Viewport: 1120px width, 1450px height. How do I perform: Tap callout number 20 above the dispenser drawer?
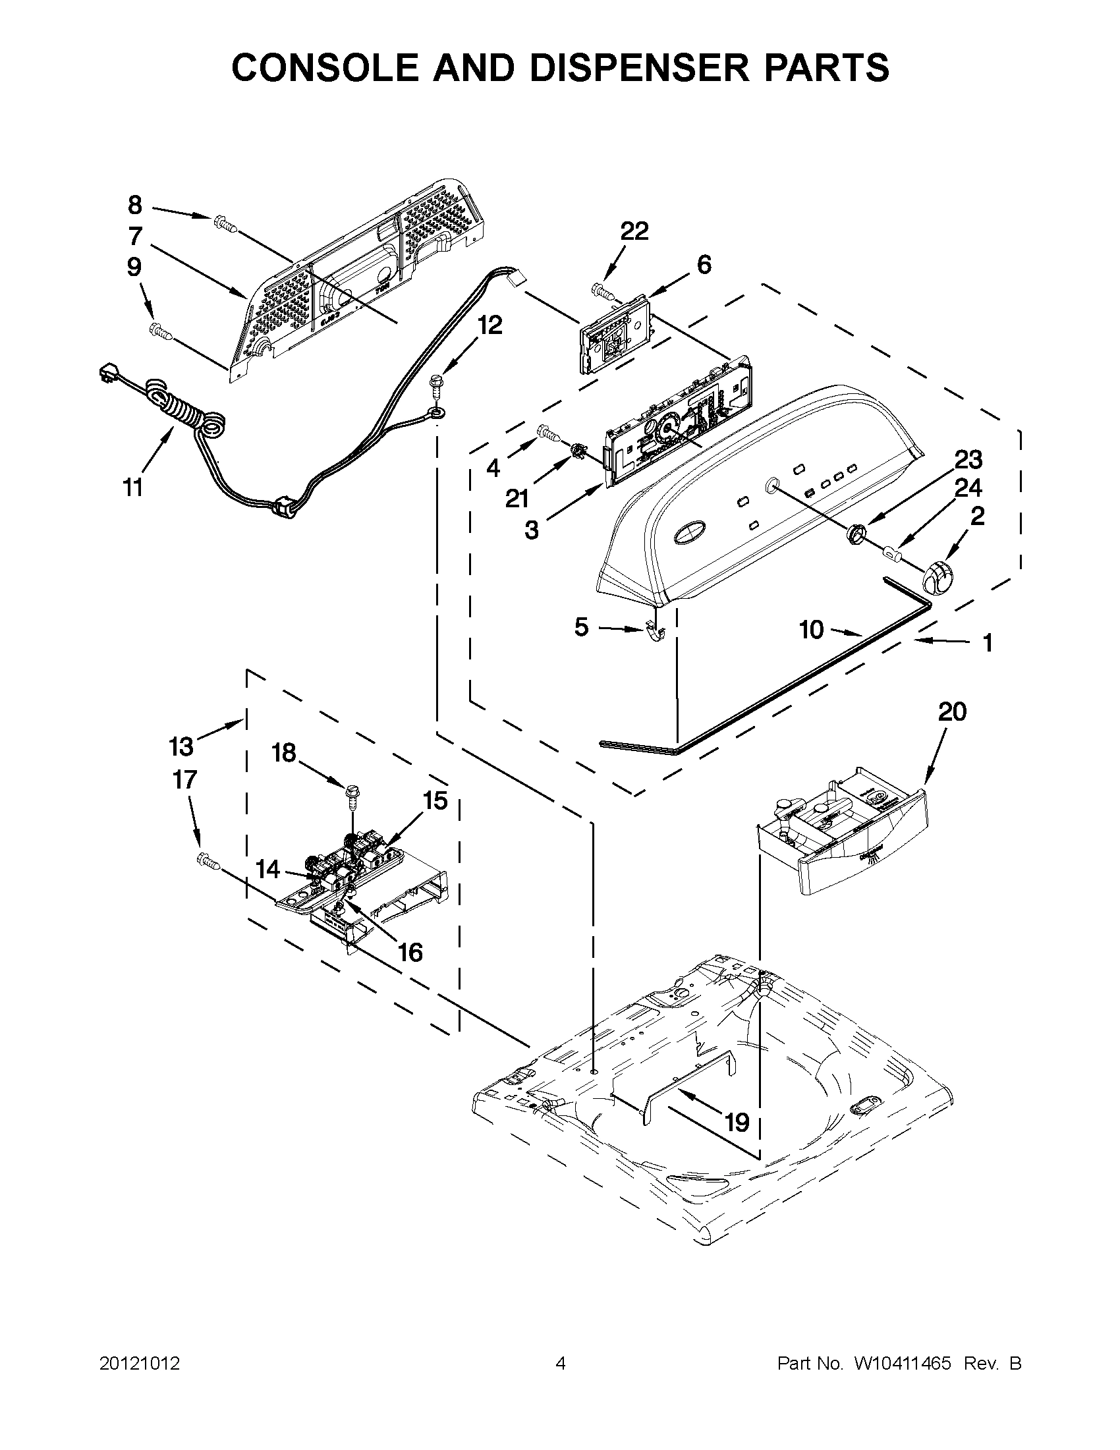pos(952,712)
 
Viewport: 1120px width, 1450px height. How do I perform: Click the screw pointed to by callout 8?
pos(225,225)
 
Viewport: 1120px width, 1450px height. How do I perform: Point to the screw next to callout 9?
pos(161,330)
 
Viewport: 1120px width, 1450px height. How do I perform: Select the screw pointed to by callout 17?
pos(207,861)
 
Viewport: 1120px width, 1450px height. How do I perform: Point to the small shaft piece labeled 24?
pos(892,551)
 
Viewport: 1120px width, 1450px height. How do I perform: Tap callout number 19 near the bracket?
pos(737,1122)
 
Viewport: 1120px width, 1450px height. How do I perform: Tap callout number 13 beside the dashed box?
pos(181,746)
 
